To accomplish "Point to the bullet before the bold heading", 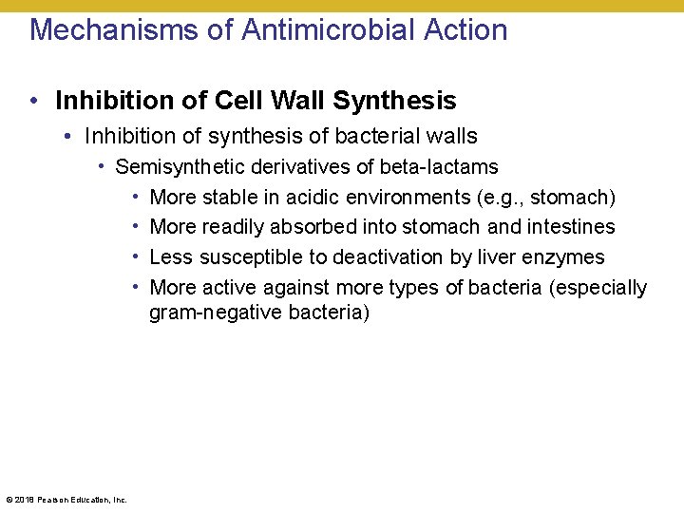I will click(x=33, y=101).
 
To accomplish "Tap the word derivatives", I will click(x=306, y=167).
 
